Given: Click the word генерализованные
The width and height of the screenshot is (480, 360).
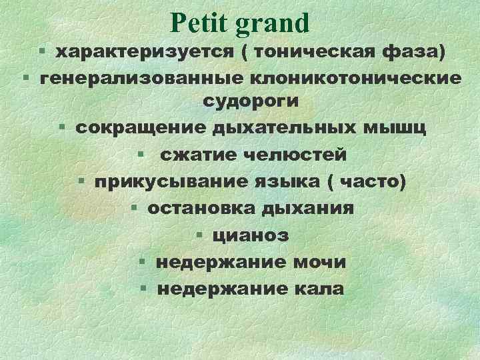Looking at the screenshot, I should [141, 78].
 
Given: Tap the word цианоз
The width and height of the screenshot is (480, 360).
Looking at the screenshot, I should [251, 235].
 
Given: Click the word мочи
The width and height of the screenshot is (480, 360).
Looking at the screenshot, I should [322, 262].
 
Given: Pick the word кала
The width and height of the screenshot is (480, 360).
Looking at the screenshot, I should [319, 289].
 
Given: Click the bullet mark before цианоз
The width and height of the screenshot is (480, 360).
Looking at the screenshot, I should [201, 235].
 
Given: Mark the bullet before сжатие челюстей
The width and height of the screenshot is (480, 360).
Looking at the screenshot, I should [142, 155].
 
